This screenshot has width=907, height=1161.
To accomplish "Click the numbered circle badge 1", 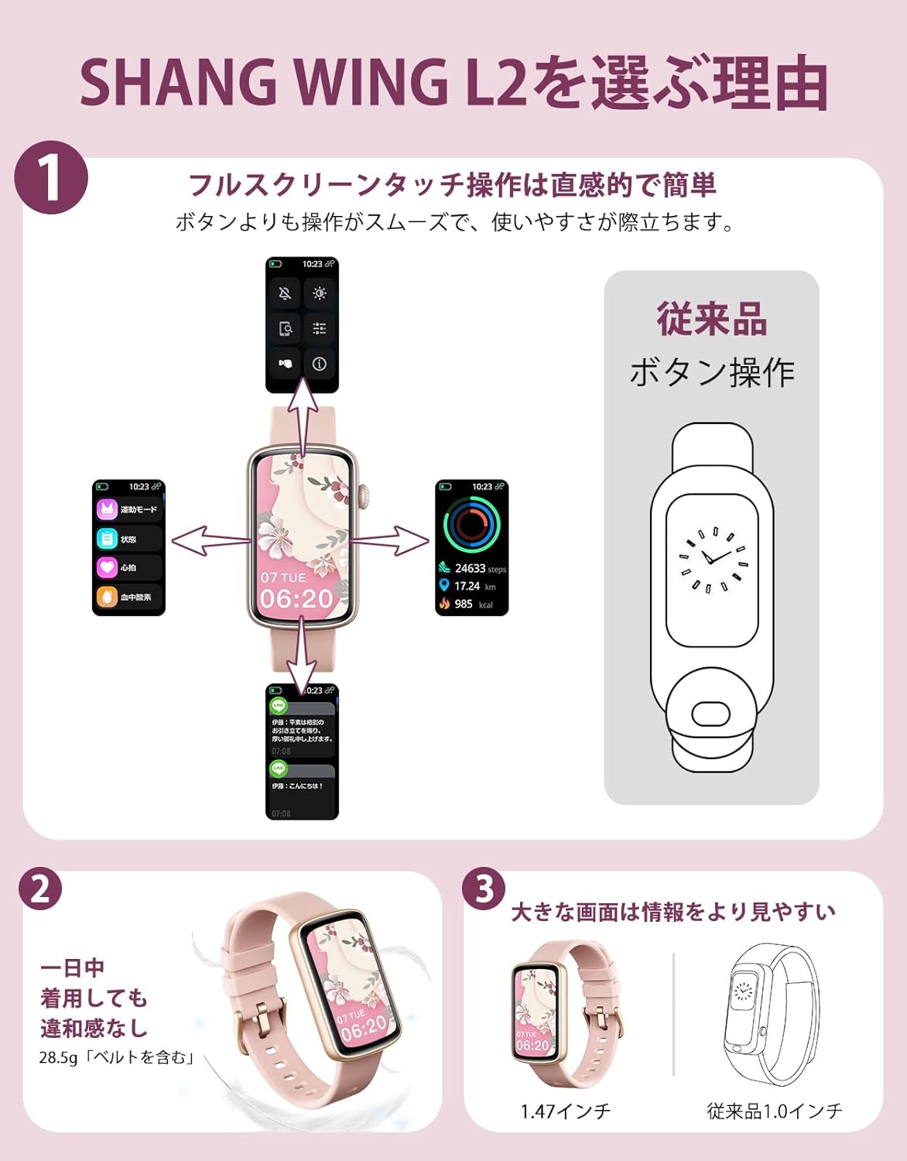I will pos(51,178).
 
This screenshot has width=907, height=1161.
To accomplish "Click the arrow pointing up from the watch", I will pos(303,418).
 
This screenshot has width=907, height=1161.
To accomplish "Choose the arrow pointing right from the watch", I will pos(391,539).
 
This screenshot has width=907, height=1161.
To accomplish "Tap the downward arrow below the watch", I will pos(301,662).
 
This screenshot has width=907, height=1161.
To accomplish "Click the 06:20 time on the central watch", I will pos(296,598).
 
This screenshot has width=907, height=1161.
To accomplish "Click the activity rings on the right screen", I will pos(471,524).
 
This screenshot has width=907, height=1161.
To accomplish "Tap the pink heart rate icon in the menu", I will pos(107,567).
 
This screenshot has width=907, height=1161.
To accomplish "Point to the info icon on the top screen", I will pos(319,364).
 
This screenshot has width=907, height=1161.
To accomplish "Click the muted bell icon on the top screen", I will pos(285,293).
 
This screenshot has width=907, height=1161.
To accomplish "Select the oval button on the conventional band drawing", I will pos(710,713).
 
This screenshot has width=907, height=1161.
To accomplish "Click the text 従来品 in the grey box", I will pos(711,320).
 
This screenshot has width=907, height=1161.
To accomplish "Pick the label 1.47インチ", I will pos(566,1111).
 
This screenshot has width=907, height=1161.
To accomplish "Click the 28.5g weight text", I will pos(59,1057).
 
